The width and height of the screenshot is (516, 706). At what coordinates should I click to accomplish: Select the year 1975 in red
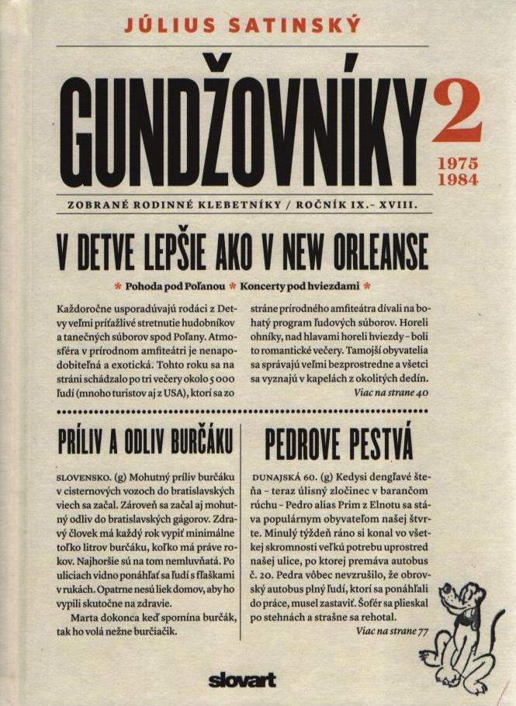(x=458, y=164)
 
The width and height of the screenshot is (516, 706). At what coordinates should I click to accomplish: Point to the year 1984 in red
(x=458, y=180)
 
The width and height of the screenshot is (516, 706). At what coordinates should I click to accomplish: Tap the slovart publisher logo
(x=242, y=680)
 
